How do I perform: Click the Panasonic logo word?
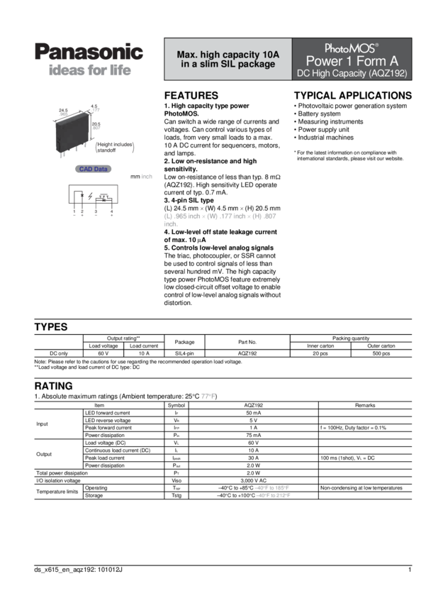89,52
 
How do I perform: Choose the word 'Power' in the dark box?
324,61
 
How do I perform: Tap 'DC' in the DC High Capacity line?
303,73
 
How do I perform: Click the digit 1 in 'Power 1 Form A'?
351,61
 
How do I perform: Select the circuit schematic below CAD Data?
93,199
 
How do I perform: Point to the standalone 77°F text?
208,396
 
